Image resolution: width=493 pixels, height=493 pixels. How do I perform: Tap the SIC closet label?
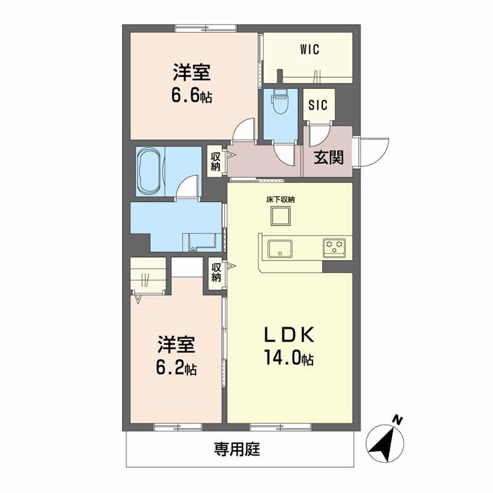pos(318,104)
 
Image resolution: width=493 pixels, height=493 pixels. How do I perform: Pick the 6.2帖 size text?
pos(176,369)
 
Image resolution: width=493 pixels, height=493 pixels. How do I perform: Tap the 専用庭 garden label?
pos(237,449)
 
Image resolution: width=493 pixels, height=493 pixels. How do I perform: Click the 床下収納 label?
pos(280,200)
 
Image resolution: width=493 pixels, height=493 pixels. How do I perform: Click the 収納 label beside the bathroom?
pos(215,161)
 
